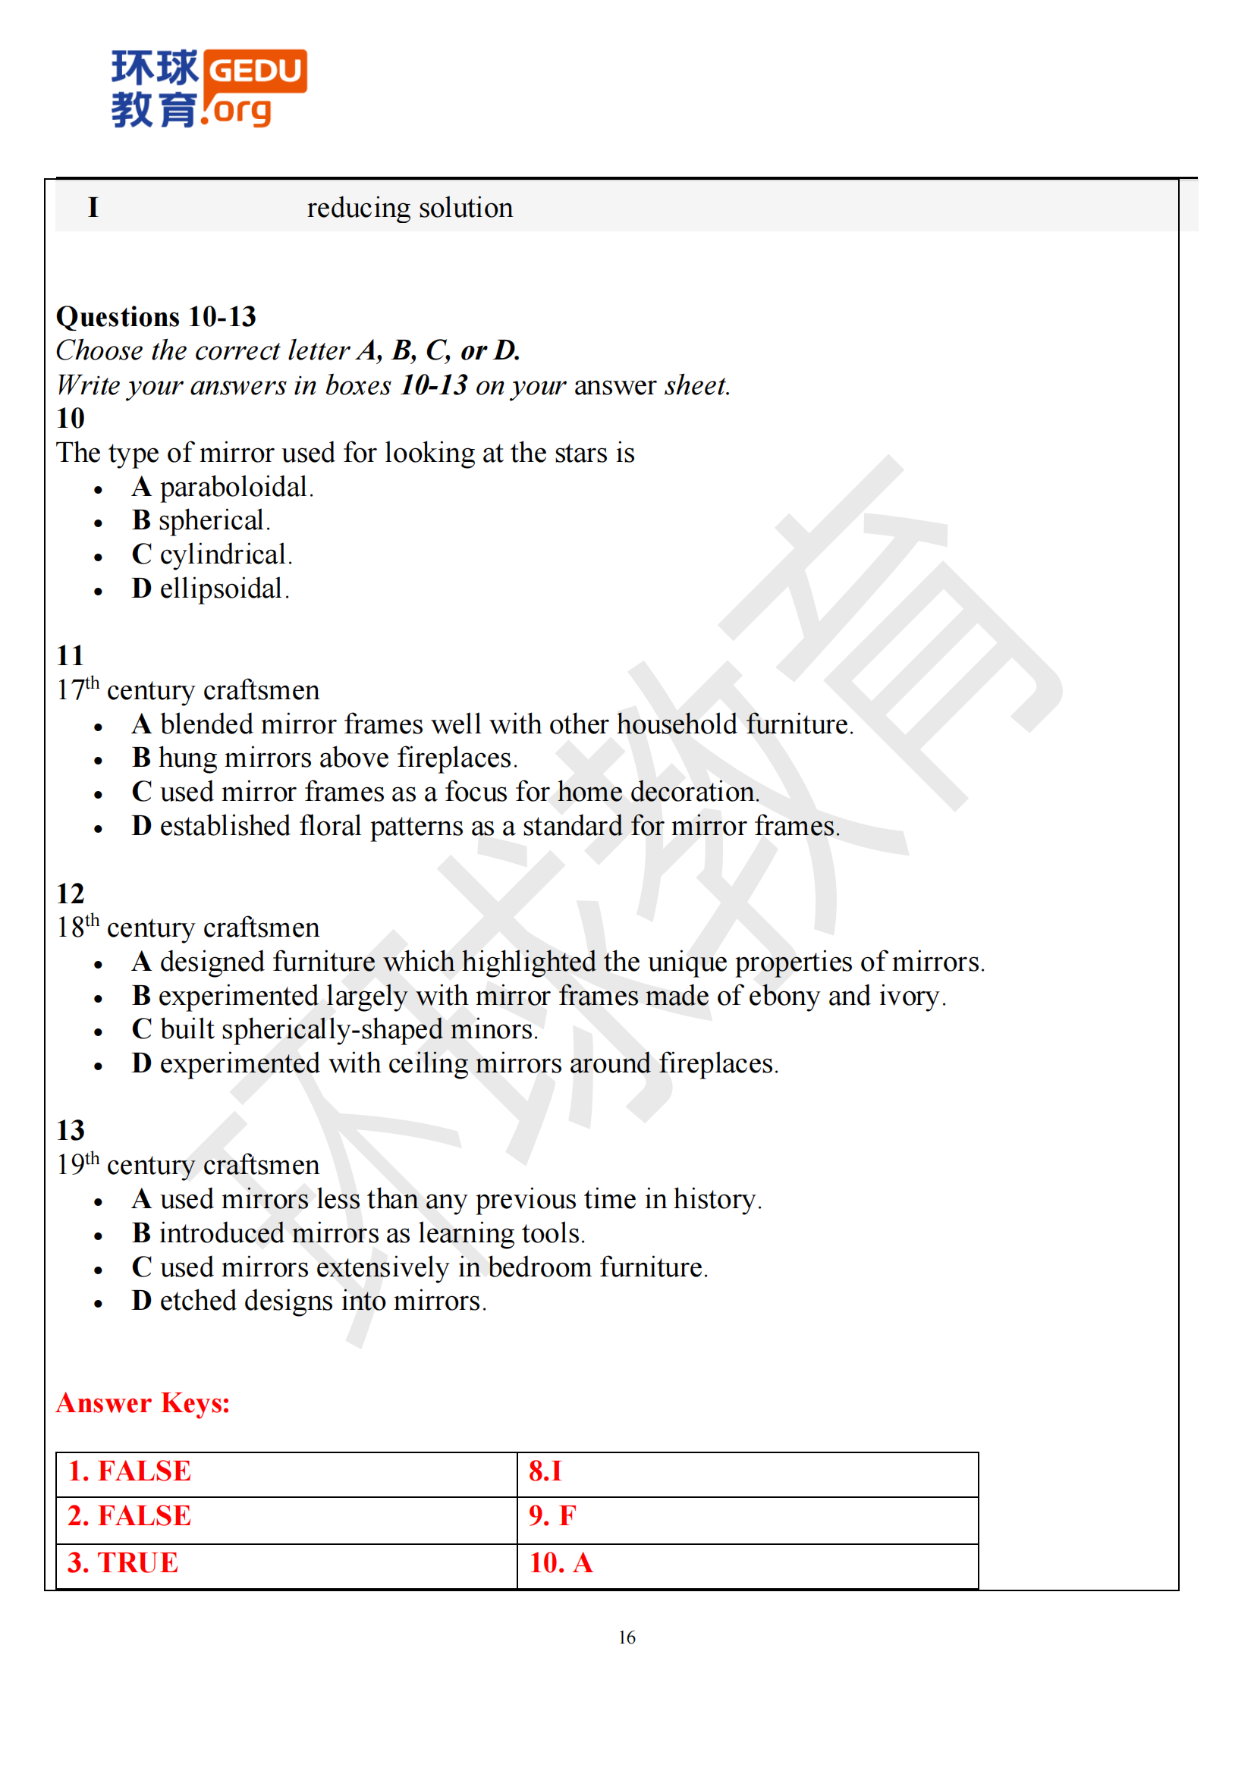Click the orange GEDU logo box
(256, 71)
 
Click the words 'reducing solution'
(410, 208)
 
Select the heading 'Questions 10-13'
(156, 317)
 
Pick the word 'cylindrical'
(223, 554)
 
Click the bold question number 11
(70, 656)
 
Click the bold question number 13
(71, 1131)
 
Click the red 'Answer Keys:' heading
(143, 1403)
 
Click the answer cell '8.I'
(545, 1471)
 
